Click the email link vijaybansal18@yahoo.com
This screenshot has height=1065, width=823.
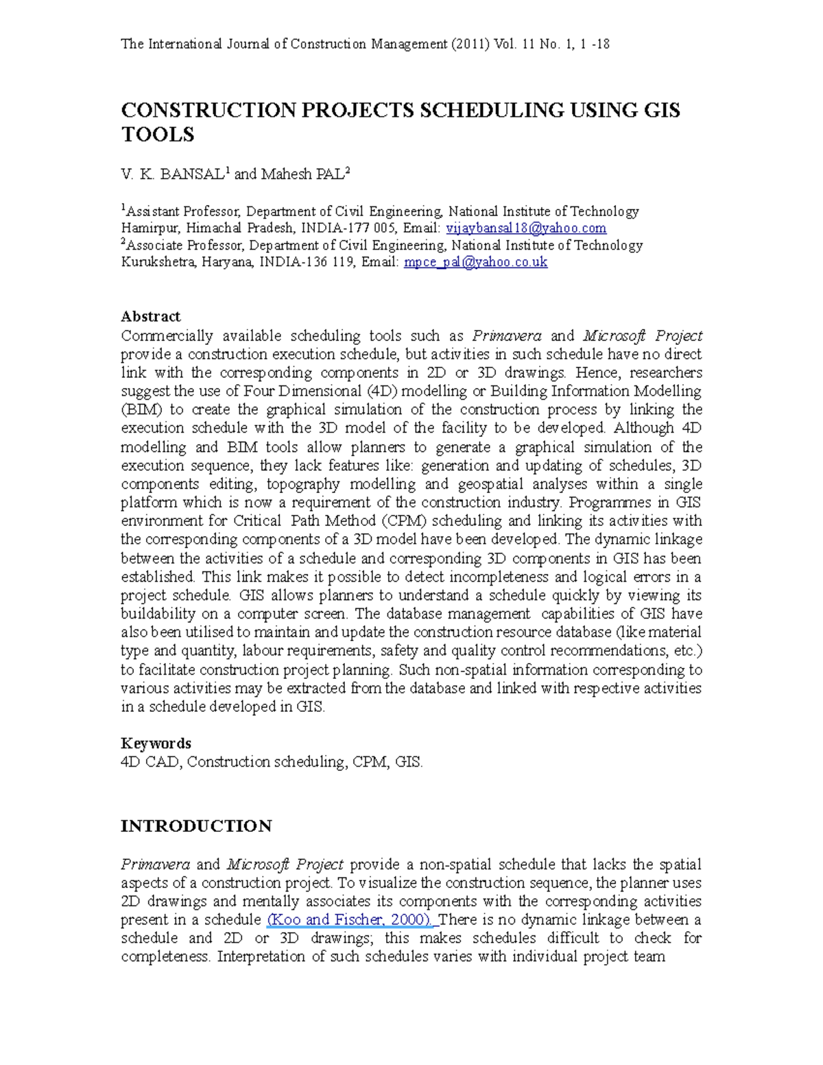click(x=526, y=228)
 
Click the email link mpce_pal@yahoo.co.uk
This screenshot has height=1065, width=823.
click(x=475, y=262)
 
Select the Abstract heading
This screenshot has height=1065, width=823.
click(x=150, y=316)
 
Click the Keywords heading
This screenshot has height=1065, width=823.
click(x=156, y=743)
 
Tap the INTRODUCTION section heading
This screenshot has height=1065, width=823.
click(x=196, y=826)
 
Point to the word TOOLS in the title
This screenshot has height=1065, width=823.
click(x=158, y=134)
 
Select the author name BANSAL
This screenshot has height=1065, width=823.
click(x=191, y=174)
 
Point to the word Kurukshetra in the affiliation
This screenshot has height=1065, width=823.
click(x=158, y=262)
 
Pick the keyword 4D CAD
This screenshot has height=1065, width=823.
click(x=150, y=762)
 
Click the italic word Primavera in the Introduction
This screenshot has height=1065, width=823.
click(x=155, y=864)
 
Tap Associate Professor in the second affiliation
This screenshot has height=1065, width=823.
click(x=184, y=246)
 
